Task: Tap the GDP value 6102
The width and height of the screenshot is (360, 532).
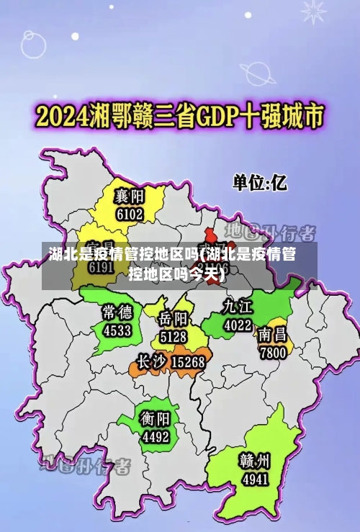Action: (130, 214)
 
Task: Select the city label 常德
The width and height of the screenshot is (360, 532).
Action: (117, 312)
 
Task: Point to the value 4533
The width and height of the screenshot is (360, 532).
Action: (117, 330)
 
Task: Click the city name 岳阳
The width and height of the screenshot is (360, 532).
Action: (174, 318)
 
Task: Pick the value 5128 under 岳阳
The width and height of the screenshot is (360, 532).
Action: (174, 336)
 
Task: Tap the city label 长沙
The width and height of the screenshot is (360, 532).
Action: (153, 361)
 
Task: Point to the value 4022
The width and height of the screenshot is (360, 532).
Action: (238, 325)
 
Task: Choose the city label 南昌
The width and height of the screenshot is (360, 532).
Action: (274, 335)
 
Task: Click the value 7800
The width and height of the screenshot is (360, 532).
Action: (274, 353)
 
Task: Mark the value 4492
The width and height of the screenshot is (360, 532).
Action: (155, 437)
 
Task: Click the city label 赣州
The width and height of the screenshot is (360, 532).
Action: (256, 459)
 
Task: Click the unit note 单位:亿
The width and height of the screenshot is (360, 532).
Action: (258, 183)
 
